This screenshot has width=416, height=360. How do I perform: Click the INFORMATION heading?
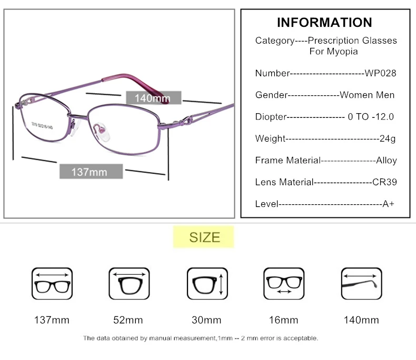(324, 23)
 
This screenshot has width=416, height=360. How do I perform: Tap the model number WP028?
(380, 73)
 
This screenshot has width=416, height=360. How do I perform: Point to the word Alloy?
(387, 161)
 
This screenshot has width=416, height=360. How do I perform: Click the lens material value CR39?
(384, 182)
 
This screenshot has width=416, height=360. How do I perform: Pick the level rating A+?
(389, 204)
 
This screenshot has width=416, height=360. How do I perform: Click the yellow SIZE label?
(204, 237)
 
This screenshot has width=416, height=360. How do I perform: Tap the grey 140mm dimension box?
(153, 98)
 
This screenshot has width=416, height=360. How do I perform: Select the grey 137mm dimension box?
(90, 172)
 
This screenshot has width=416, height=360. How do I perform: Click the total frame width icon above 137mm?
(52, 284)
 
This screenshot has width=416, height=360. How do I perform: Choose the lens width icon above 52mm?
(129, 284)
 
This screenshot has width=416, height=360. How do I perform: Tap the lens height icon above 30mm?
(207, 284)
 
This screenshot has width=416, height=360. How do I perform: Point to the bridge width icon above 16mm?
(283, 284)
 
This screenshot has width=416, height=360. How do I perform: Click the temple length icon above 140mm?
(361, 284)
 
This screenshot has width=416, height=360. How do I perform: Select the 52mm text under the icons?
(128, 320)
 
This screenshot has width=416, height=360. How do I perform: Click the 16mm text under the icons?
(283, 320)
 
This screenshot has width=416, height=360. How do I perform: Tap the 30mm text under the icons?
(206, 320)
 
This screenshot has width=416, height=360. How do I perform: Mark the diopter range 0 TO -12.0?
(371, 117)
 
